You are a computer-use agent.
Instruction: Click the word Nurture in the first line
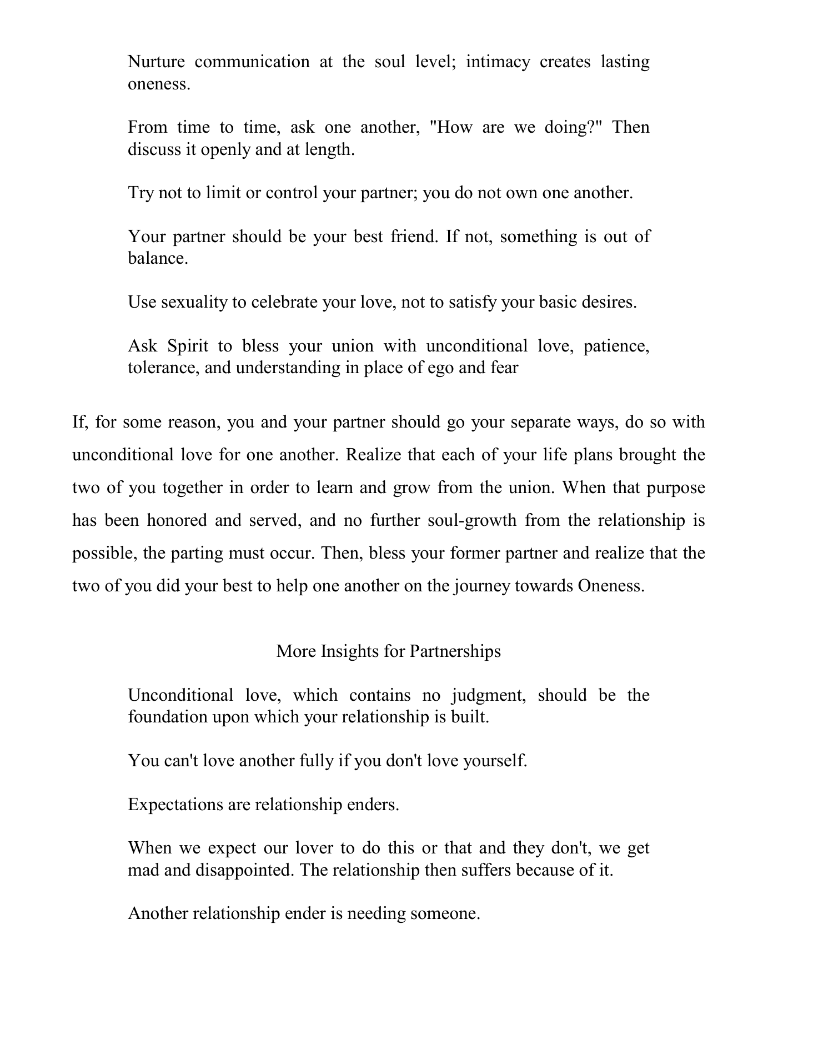coord(156,62)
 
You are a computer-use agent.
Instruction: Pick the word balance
coord(158,258)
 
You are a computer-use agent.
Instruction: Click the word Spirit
coord(188,346)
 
